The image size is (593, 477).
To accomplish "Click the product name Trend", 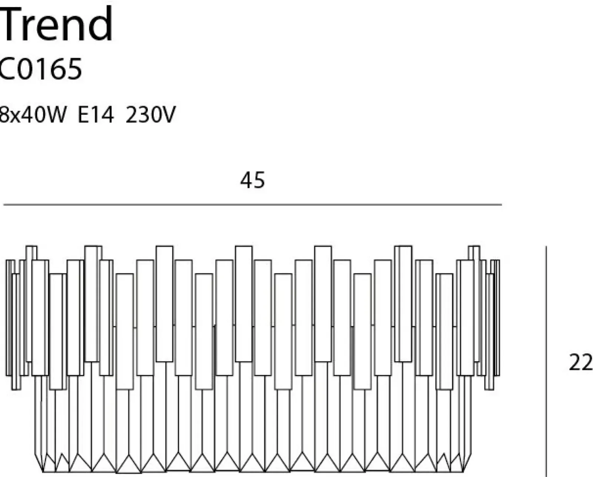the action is tap(56, 23).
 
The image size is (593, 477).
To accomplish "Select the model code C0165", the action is tap(40, 69).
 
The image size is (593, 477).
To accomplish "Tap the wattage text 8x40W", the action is tap(33, 114).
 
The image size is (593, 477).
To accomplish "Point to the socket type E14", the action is tap(96, 114).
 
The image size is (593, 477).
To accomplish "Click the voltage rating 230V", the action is tap(150, 114).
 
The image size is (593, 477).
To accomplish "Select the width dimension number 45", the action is tap(252, 180).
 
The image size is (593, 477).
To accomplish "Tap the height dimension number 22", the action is tap(581, 363).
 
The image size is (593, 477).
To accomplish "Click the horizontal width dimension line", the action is tap(252, 205).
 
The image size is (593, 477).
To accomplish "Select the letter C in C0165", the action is tap(7, 69).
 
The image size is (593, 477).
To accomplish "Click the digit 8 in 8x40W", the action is tap(4, 114).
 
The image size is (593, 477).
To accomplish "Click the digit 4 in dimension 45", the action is tap(246, 180).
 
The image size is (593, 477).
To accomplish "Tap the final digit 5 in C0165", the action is tap(74, 69).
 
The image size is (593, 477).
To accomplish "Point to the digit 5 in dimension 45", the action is tap(259, 180).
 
